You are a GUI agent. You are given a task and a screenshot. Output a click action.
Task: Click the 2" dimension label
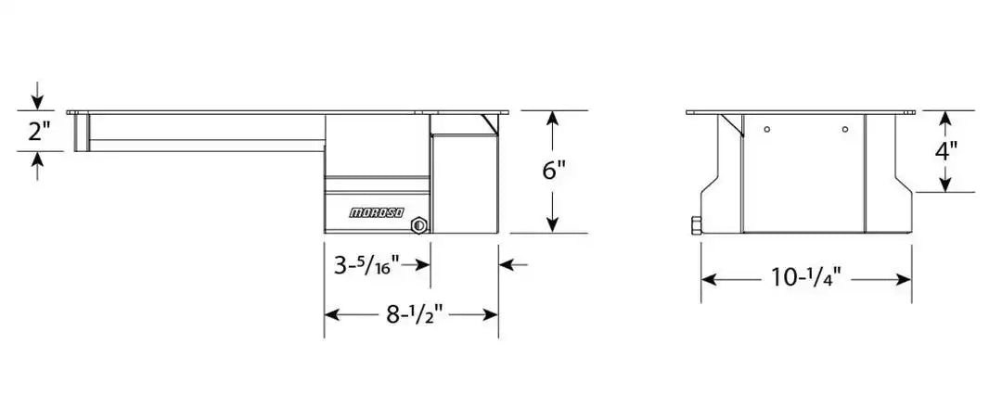[38, 131]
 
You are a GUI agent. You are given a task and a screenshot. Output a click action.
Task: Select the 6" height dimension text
[553, 172]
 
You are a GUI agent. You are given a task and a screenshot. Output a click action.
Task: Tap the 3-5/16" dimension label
[366, 265]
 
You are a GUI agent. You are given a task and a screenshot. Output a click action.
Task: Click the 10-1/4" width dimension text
[805, 278]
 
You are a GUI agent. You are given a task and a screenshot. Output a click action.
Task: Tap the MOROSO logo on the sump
[377, 213]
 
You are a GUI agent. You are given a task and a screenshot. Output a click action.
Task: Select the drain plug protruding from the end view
[695, 225]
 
